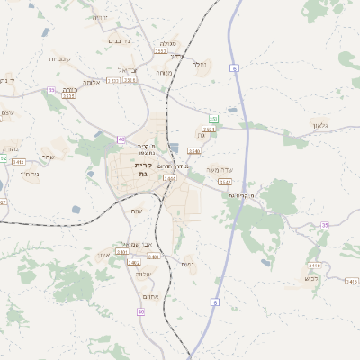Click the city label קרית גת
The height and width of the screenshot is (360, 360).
point(142,170)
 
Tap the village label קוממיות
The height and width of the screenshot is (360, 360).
point(59,58)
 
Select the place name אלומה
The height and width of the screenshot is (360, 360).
point(91,82)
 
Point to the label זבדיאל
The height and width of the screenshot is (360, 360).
point(127,69)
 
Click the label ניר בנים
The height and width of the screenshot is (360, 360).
point(118,40)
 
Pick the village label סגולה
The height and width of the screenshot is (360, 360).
point(168,43)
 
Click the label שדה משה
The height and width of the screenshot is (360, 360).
point(219,169)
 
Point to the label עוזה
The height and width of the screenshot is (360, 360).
point(137,211)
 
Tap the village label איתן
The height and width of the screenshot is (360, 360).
point(103,255)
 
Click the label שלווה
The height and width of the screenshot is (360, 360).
point(143,273)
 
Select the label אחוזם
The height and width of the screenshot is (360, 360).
point(151,296)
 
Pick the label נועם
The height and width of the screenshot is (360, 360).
point(186,264)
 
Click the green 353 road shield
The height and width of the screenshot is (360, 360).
point(213,119)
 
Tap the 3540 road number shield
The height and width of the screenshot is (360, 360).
point(193,151)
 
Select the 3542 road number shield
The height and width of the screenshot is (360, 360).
point(226,182)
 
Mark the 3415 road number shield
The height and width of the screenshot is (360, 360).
point(351,282)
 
